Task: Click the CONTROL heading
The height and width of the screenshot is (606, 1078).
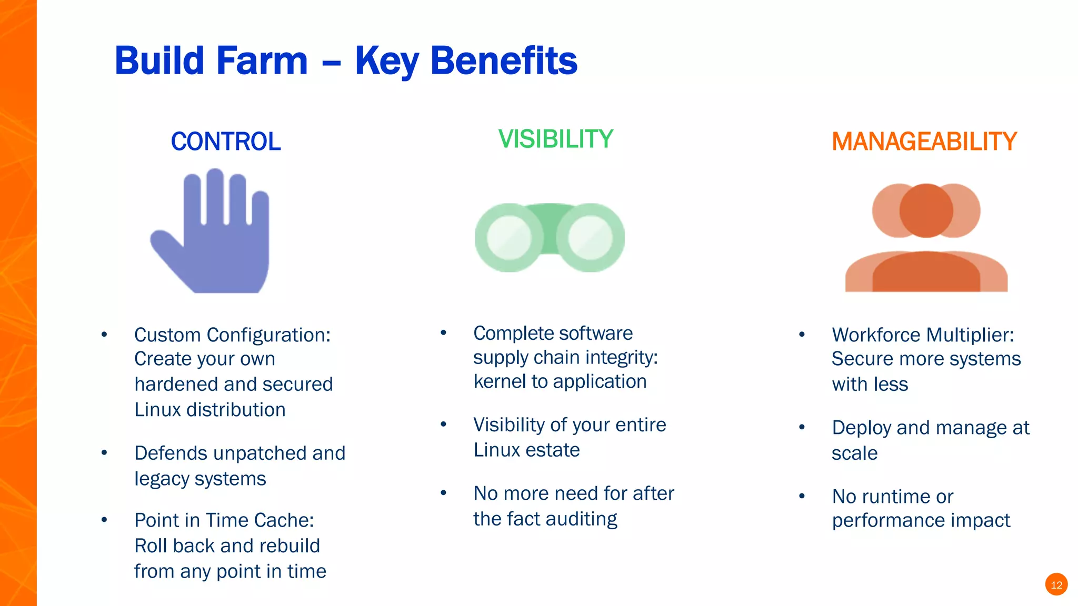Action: click(226, 142)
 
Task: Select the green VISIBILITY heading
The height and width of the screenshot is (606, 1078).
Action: click(556, 139)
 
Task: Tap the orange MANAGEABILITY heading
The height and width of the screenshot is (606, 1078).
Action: click(924, 142)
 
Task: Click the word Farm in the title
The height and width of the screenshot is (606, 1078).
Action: click(263, 61)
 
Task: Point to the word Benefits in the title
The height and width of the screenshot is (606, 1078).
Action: click(504, 61)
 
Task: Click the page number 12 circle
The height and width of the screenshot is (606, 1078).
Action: click(1056, 584)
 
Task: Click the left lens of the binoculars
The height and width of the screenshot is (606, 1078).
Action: click(509, 238)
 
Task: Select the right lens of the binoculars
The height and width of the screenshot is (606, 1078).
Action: click(591, 238)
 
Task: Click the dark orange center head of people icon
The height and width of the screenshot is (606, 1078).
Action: click(926, 210)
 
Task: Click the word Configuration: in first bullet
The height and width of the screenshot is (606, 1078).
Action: click(268, 335)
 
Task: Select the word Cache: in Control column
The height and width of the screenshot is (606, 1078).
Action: click(290, 520)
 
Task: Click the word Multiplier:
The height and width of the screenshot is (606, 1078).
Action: click(970, 335)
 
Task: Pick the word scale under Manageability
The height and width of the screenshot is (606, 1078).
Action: click(854, 453)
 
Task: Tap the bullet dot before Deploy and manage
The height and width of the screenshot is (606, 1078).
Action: click(802, 427)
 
